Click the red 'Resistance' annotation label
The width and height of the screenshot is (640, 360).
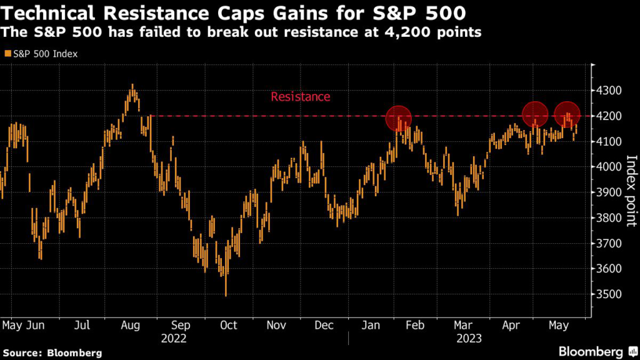[x=300, y=97]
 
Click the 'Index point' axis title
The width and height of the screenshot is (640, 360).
[x=630, y=191]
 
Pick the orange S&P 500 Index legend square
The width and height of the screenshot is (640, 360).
[x=7, y=54]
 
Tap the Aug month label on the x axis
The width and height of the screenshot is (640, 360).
[x=130, y=325]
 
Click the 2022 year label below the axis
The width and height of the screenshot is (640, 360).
[x=174, y=338]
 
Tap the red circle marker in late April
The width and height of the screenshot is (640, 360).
[x=535, y=114]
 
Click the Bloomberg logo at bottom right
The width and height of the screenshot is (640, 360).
[x=592, y=351]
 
